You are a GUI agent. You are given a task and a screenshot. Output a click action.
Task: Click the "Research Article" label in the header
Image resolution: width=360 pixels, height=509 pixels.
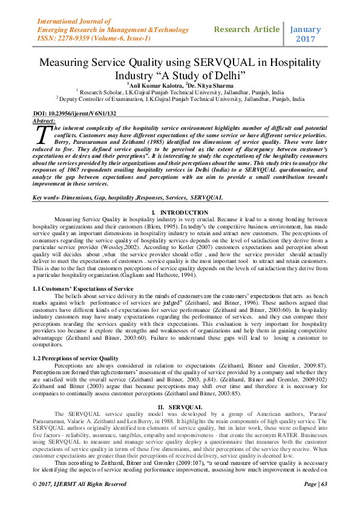247,29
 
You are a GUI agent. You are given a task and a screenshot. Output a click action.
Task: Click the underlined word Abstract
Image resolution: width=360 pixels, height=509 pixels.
43,120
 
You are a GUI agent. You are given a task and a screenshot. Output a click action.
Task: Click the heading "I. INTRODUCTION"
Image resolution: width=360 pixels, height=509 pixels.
180,213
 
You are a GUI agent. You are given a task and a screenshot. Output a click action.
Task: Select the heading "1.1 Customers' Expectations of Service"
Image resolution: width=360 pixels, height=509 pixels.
82,289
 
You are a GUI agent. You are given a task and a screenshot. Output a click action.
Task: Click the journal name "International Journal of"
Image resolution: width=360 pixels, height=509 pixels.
73,19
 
